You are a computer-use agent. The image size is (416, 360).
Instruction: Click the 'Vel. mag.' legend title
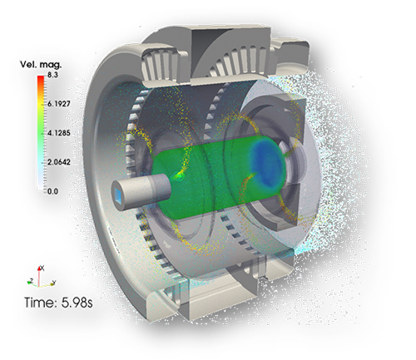pos(41,65)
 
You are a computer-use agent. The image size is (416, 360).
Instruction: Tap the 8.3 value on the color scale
pos(52,75)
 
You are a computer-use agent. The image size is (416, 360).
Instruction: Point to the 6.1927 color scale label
pos(59,104)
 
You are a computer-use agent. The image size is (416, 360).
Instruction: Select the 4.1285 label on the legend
pos(59,133)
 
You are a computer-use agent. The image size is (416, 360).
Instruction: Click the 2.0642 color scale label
pos(59,162)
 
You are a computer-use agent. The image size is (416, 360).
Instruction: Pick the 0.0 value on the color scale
pos(52,191)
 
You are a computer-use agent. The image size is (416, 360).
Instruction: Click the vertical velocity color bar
pos(41,133)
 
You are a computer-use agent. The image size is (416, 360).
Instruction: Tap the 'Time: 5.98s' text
pos(58,303)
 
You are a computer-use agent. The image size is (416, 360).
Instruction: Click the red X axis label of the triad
pos(42,268)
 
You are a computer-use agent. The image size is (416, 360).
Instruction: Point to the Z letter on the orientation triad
pos(32,280)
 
